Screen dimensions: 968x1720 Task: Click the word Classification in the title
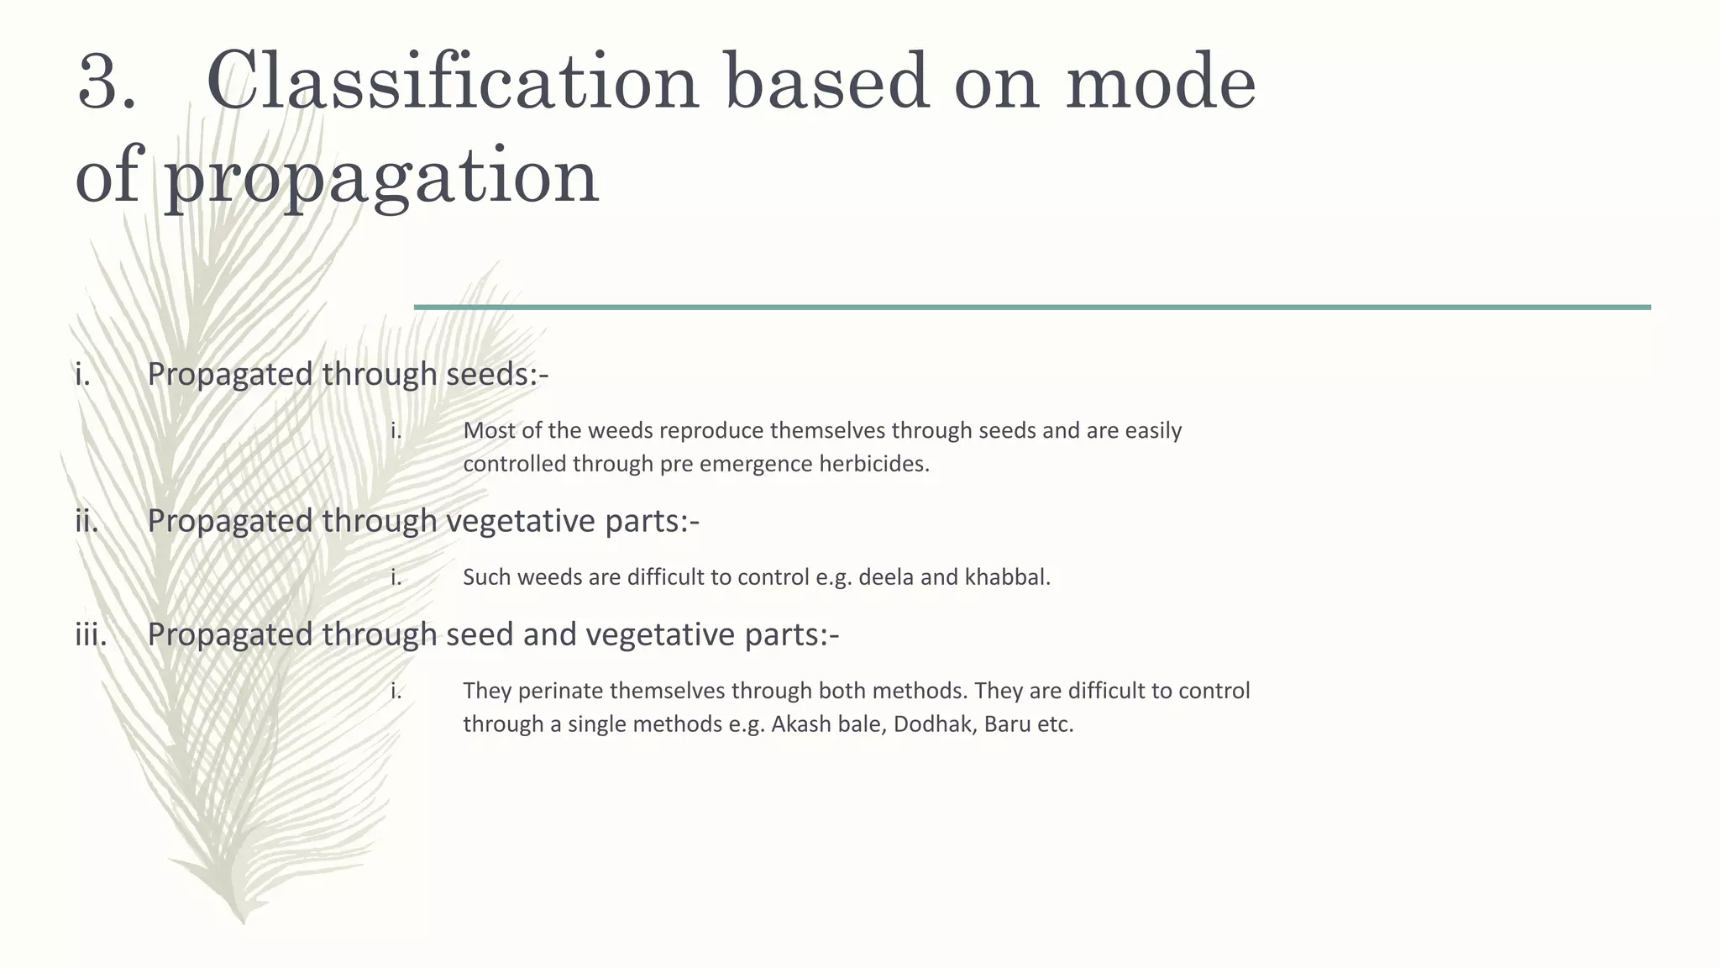pos(453,82)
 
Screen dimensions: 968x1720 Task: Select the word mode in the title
pos(1161,82)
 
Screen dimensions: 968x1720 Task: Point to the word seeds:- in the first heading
pos(497,374)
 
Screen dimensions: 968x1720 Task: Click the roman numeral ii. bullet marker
pos(87,521)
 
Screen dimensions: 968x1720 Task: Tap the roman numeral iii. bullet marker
pos(91,634)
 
